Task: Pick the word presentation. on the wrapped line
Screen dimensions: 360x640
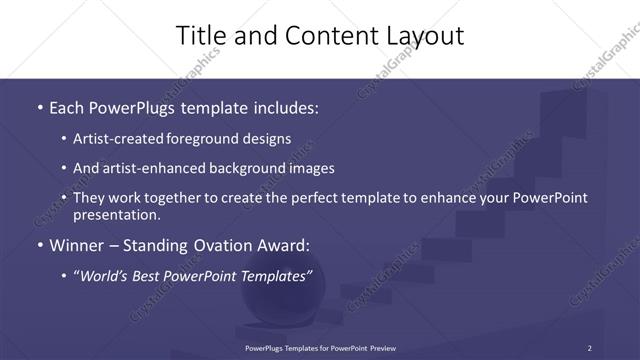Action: [x=117, y=215]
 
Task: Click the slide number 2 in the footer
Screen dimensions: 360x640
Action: [x=589, y=348]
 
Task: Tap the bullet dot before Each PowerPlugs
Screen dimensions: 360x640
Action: [x=39, y=107]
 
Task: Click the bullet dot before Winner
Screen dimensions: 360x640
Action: [x=39, y=245]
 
